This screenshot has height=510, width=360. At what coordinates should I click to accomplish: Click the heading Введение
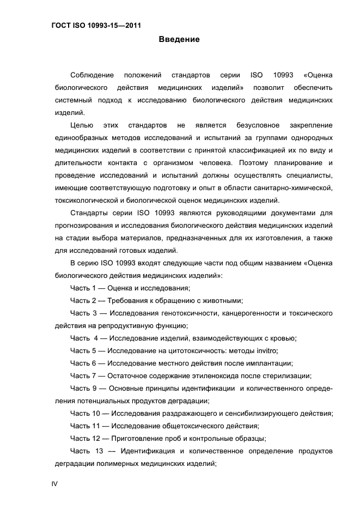[179, 39]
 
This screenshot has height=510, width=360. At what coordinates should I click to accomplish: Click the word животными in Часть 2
[222, 300]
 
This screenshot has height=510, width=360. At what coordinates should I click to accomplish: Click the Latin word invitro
[267, 350]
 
